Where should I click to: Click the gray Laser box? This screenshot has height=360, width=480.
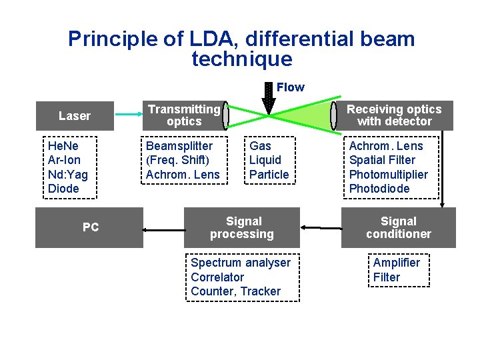(74, 116)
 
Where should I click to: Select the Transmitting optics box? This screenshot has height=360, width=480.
(183, 115)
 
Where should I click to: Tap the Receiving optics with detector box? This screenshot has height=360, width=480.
(394, 115)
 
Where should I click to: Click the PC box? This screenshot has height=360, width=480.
(90, 227)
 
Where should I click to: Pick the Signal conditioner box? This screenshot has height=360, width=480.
(398, 227)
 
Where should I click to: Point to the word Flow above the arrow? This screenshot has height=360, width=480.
(290, 87)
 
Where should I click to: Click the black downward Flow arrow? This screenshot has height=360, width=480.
(269, 97)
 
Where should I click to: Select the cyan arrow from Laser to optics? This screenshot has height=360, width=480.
(129, 115)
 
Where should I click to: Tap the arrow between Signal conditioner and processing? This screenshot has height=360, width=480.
(321, 228)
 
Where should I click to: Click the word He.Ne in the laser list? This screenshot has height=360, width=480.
(63, 146)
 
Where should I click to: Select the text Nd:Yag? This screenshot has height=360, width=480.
(67, 175)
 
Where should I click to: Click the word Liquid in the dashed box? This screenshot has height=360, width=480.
(265, 160)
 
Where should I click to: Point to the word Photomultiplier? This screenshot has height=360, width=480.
(389, 175)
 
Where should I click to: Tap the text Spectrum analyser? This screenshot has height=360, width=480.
(241, 263)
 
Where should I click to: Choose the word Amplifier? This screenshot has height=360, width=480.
(396, 263)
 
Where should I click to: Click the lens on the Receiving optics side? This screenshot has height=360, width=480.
(333, 116)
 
